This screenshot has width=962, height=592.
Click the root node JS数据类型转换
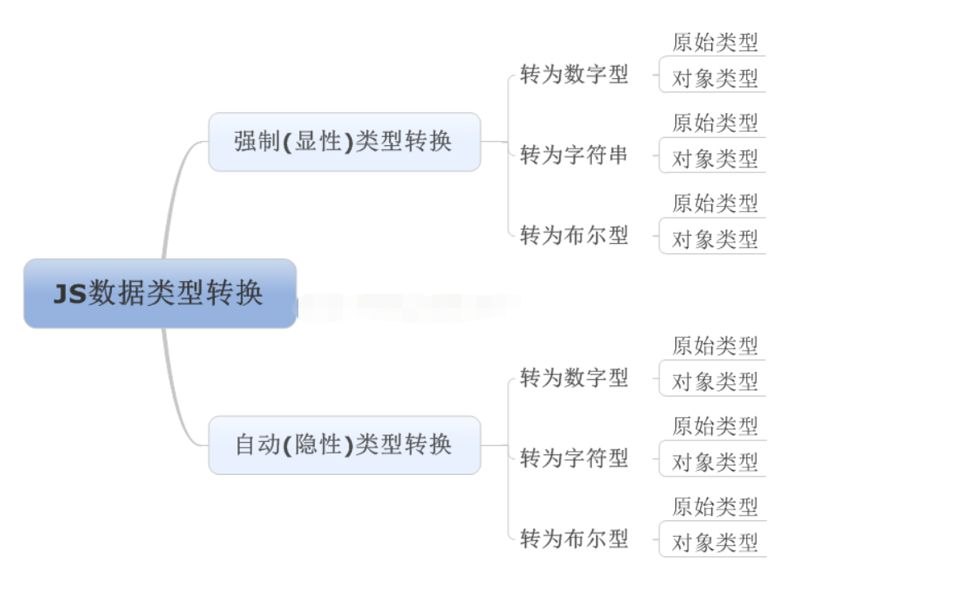[159, 294]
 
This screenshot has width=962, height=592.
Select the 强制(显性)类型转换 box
[344, 142]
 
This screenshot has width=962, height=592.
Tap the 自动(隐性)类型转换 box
[344, 445]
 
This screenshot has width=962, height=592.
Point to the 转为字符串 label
[574, 155]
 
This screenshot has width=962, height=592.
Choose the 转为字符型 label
[574, 458]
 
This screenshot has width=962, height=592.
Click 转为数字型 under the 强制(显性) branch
[574, 75]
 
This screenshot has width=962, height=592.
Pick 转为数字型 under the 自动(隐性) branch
[574, 378]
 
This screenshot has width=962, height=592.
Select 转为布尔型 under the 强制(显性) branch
[574, 236]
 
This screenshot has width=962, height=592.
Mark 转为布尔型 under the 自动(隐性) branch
[574, 539]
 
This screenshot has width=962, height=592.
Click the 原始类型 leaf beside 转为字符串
[715, 123]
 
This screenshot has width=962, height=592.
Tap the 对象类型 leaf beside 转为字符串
[715, 158]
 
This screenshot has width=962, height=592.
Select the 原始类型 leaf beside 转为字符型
[715, 426]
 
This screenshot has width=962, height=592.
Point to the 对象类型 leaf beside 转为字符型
[715, 462]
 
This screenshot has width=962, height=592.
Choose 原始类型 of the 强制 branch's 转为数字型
[715, 42]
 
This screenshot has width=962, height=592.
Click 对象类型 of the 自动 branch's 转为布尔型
[715, 543]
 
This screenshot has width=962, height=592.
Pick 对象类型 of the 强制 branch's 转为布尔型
[715, 239]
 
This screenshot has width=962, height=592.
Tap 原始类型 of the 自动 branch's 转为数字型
[715, 345]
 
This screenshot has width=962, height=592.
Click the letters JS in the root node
[70, 294]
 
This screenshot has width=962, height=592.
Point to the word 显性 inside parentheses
[318, 142]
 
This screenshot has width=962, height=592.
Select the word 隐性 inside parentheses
[318, 445]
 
